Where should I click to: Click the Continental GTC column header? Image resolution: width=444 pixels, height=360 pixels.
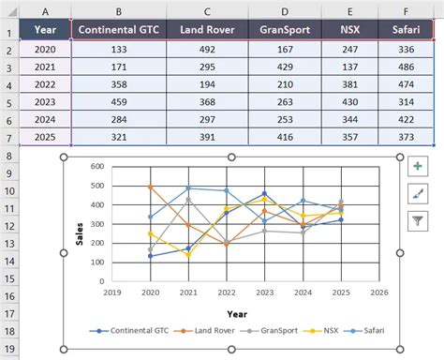coord(118,29)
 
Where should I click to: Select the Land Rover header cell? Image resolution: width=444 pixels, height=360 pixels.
coord(207,29)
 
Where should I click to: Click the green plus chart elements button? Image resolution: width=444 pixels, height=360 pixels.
coord(417,167)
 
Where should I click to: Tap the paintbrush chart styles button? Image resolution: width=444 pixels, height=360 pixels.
coord(417,194)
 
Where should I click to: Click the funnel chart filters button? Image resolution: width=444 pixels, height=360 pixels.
coord(417,221)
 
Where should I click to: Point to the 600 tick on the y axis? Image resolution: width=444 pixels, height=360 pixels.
coord(96,168)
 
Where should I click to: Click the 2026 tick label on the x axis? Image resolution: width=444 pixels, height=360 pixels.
coord(378,292)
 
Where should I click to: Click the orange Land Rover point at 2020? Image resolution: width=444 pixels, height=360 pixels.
coord(151,187)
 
